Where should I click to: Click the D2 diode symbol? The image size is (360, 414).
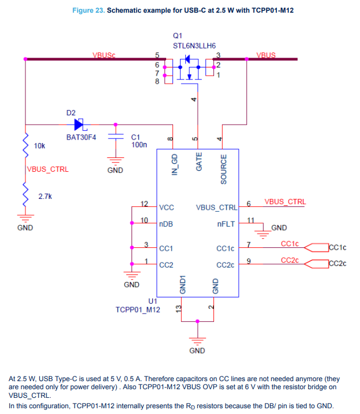click(78, 124)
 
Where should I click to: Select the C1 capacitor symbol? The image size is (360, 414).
click(115, 138)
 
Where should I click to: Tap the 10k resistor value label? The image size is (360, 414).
click(40, 146)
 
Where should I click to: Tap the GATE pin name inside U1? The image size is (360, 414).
click(199, 162)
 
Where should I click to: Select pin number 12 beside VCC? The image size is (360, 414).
click(145, 204)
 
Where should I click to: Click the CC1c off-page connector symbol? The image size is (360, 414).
click(314, 248)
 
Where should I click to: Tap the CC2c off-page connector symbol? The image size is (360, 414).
click(314, 264)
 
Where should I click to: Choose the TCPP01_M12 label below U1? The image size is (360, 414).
click(137, 310)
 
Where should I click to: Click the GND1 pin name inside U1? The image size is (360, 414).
click(182, 285)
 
